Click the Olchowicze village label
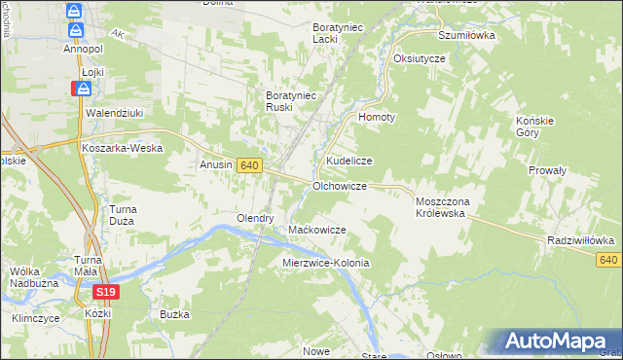(339, 185)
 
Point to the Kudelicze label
(348, 160)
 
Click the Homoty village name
(378, 117)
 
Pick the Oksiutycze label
(419, 58)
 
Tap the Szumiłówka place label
(466, 34)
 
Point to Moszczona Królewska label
(443, 206)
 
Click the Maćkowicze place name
(317, 230)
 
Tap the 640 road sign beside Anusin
(249, 166)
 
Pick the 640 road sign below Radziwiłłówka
(609, 259)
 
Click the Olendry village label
(255, 218)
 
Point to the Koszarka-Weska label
(122, 148)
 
